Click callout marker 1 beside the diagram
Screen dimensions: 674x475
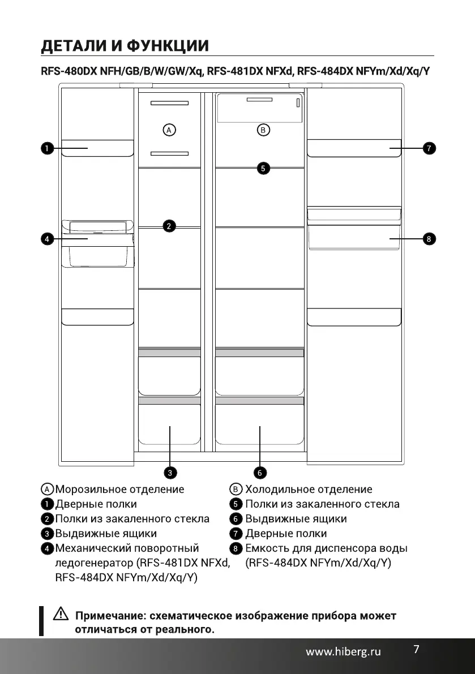[x=46, y=148]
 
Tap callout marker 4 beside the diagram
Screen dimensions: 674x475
[x=46, y=239]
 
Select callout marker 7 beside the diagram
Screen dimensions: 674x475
[x=429, y=148]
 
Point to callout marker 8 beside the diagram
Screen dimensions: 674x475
[x=429, y=239]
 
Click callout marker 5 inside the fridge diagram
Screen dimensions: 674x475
[x=263, y=168]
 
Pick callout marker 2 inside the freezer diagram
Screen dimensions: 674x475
[x=168, y=226]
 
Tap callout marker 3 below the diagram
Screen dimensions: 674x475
[x=169, y=471]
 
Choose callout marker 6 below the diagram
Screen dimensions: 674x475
[x=259, y=471]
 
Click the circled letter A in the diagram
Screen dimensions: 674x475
[x=168, y=130]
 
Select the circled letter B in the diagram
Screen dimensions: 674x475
[x=263, y=130]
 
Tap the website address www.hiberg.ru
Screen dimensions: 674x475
[x=343, y=652]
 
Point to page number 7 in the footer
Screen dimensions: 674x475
[x=416, y=649]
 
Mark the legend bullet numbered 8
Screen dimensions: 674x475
[x=237, y=548]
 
